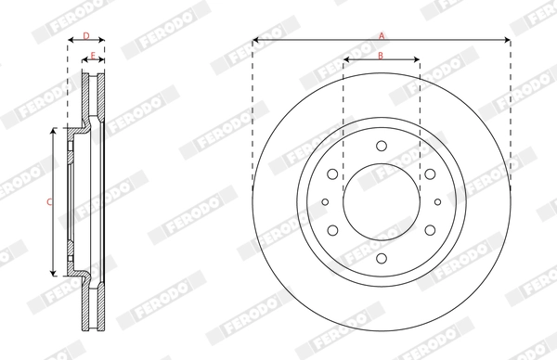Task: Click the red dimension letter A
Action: (381, 34)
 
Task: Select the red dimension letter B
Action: (381, 55)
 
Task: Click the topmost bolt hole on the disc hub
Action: (381, 145)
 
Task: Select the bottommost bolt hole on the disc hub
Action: (381, 258)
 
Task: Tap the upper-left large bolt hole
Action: (332, 174)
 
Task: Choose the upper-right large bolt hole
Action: (430, 174)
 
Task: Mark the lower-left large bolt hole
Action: (332, 230)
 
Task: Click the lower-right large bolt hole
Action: (430, 230)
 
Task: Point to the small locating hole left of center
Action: (324, 201)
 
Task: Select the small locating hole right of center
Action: (437, 201)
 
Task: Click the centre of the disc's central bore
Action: (381, 201)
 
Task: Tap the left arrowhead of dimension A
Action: (255, 41)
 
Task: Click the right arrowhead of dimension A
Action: (508, 41)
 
